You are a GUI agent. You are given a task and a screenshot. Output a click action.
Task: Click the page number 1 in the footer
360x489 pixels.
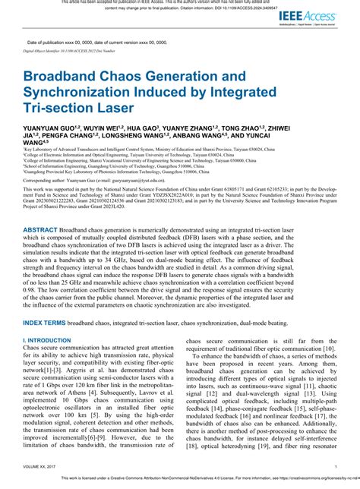tap(336, 466)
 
